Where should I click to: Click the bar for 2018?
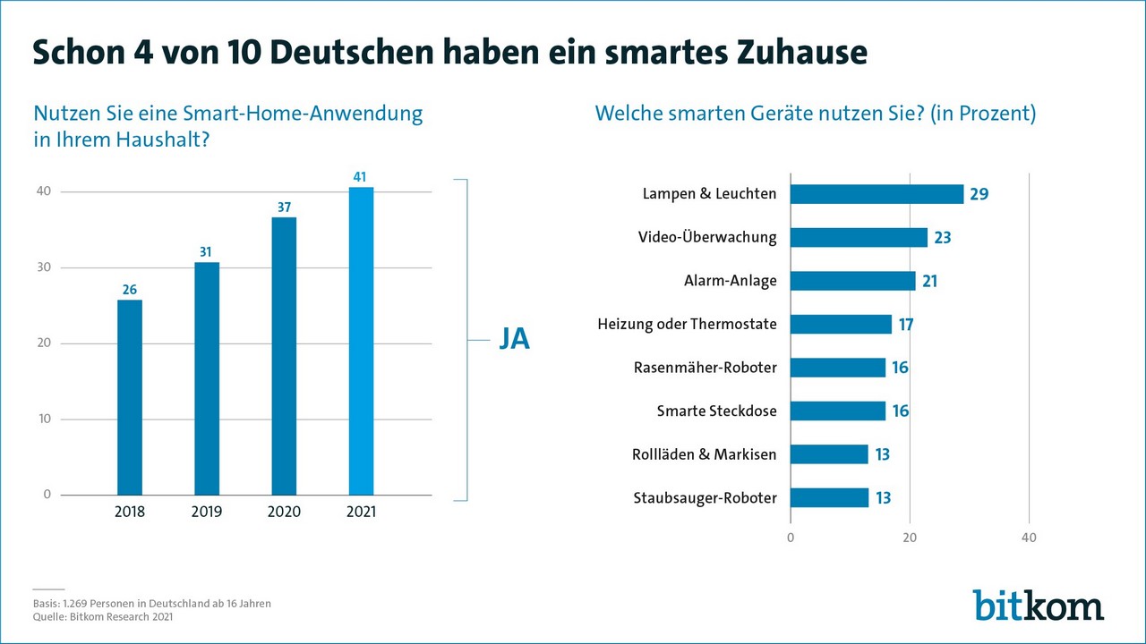pyautogui.click(x=130, y=397)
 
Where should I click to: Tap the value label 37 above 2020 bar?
pyautogui.click(x=284, y=208)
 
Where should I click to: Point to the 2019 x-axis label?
pyautogui.click(x=207, y=513)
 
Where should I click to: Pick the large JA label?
pyautogui.click(x=514, y=341)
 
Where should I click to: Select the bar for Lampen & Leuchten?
pyautogui.click(x=877, y=194)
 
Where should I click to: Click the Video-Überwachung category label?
pyautogui.click(x=707, y=237)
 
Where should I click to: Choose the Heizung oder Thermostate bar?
pyautogui.click(x=841, y=324)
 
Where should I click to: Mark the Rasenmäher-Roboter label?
pyautogui.click(x=705, y=368)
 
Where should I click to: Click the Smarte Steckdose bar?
pyautogui.click(x=837, y=411)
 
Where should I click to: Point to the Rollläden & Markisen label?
pyautogui.click(x=704, y=454)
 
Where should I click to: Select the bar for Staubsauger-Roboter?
pyautogui.click(x=829, y=497)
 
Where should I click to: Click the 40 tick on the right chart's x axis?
pyautogui.click(x=1029, y=538)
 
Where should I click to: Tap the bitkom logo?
pyautogui.click(x=1038, y=606)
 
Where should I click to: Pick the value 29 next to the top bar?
pyautogui.click(x=979, y=194)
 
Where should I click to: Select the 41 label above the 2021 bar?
pyautogui.click(x=361, y=178)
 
